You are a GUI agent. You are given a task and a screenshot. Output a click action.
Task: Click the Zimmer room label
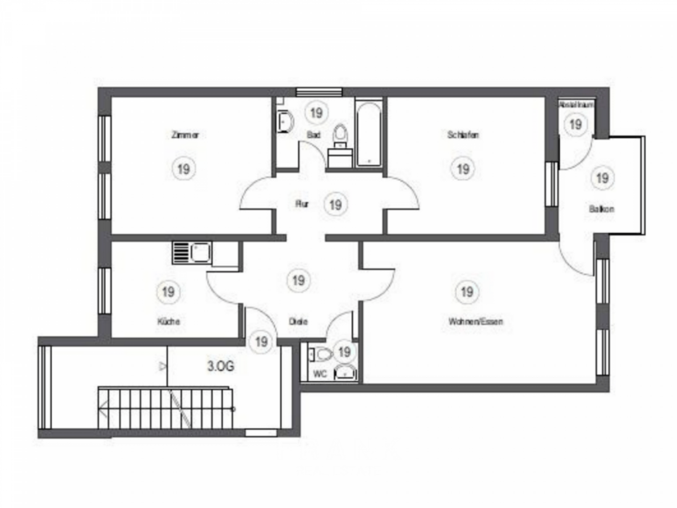pos(184,135)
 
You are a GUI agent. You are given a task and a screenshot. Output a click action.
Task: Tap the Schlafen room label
pos(463,135)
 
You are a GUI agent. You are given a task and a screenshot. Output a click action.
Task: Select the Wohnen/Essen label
pos(475,322)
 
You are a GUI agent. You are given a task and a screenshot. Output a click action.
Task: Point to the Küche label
pos(168,321)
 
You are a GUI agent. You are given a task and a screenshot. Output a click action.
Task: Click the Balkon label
pos(602,209)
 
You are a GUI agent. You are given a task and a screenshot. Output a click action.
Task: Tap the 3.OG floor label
pos(221,364)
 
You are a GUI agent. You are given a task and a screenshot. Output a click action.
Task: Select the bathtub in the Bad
pos(369,133)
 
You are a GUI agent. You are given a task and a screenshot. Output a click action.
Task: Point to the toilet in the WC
pos(322,355)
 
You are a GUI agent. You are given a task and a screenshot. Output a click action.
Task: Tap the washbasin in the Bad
pos(286,121)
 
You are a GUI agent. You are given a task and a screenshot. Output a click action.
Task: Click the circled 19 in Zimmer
pos(184,169)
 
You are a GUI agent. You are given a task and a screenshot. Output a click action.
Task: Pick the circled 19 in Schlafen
pos(463,169)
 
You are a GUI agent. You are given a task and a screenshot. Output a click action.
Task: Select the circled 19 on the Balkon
pos(602,177)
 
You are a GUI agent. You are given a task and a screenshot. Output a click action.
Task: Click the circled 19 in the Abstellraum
pos(576,124)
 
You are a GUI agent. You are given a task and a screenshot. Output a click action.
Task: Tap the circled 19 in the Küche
pos(168,291)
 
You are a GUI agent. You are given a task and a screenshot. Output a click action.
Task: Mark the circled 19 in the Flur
pos(335,204)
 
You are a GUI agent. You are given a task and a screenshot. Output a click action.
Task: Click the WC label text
pos(320,374)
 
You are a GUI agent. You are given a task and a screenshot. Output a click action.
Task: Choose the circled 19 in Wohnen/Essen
pos(467,291)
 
